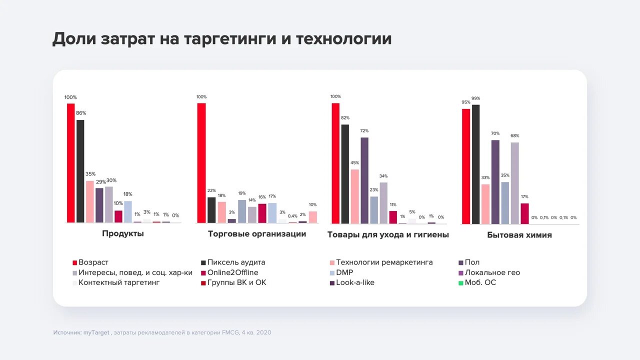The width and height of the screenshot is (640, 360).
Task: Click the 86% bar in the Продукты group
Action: (80, 171)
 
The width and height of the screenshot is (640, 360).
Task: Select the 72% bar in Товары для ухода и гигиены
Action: (364, 180)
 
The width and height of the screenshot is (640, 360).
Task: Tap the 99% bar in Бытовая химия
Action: (475, 164)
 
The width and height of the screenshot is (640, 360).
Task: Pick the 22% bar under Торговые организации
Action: (211, 210)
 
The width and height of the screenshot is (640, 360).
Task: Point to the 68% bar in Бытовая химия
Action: (514, 183)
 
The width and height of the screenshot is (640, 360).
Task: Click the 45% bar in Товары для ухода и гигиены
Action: (354, 196)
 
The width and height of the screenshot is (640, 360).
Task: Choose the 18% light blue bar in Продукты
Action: (128, 211)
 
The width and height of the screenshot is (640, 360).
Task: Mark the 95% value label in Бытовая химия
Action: (465, 102)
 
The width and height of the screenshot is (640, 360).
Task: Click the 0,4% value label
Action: (292, 216)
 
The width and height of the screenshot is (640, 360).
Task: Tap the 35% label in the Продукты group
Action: (90, 174)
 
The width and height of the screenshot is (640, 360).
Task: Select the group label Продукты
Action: (123, 233)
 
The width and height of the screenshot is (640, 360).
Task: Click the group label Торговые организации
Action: (257, 233)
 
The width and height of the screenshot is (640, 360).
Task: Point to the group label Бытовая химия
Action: (519, 234)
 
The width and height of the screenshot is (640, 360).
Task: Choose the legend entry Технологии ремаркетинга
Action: (384, 262)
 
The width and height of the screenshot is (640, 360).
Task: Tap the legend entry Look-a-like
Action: (355, 282)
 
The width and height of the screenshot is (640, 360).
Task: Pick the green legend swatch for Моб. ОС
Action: (461, 283)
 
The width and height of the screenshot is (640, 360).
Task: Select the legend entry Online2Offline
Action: (232, 272)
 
